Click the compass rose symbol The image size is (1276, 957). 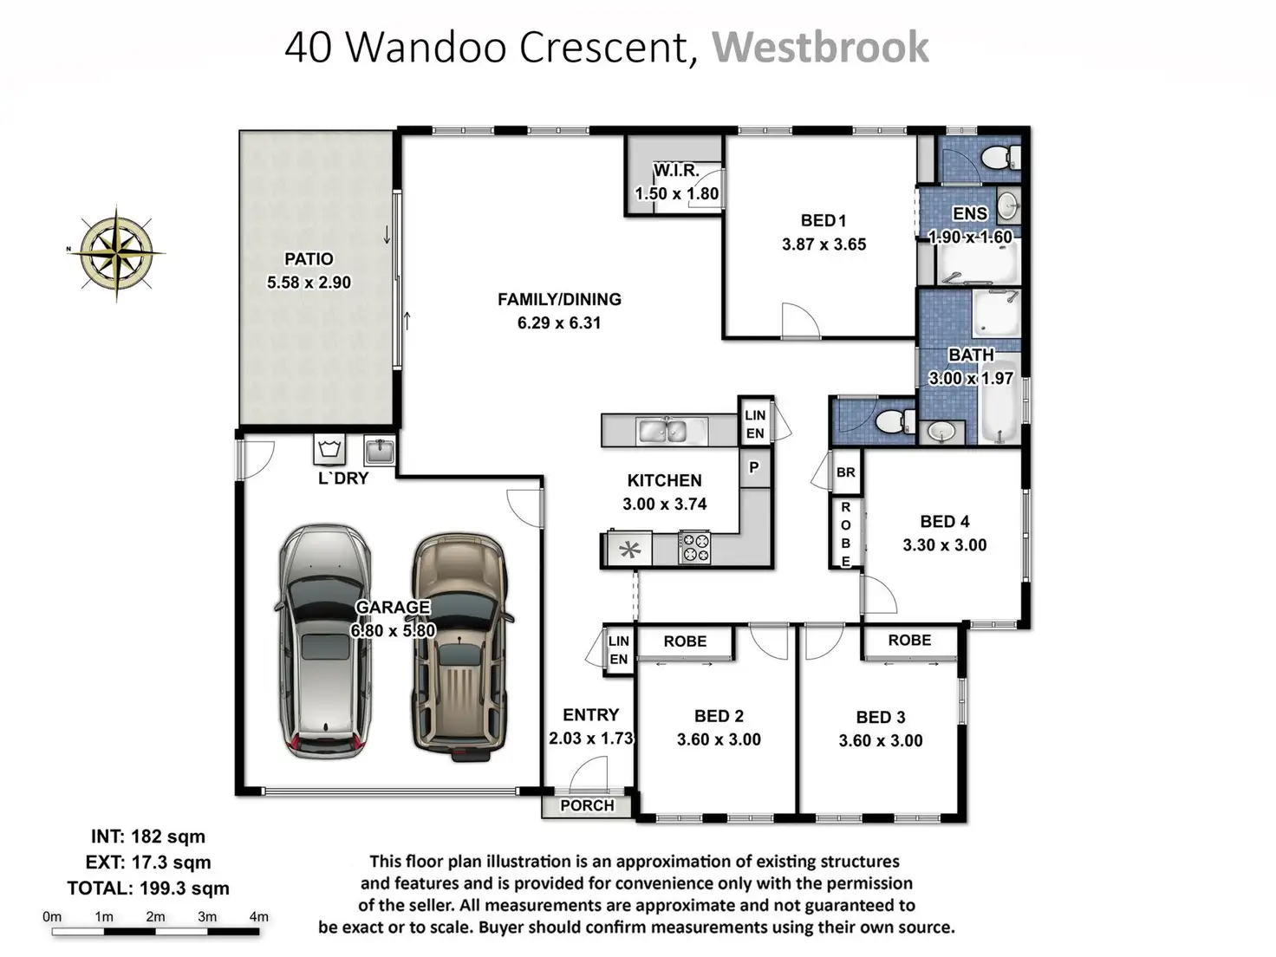[117, 253]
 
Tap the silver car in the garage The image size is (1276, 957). [324, 641]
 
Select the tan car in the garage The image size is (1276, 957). [459, 648]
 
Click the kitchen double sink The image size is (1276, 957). [663, 431]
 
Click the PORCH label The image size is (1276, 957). [587, 805]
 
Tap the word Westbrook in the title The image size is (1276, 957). [820, 47]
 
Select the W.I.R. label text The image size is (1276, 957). [676, 170]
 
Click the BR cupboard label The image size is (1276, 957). [846, 472]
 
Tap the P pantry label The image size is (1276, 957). [754, 467]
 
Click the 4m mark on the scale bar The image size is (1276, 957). [258, 916]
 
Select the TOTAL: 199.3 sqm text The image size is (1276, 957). [148, 889]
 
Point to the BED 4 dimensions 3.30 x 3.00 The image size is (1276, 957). [945, 545]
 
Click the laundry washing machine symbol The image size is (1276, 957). [329, 450]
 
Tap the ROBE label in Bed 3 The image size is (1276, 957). [910, 641]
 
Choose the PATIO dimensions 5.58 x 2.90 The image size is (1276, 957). [309, 283]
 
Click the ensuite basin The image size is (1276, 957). [1009, 205]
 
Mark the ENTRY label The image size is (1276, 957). [590, 714]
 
